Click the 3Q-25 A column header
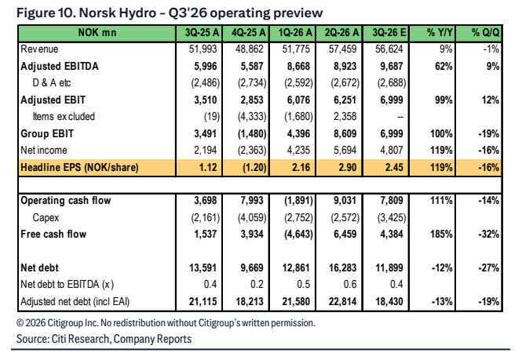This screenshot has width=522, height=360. [202, 33]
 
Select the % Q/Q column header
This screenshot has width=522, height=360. [485, 33]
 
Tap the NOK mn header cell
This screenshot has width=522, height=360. [97, 33]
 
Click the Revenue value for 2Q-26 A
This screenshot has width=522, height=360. [342, 49]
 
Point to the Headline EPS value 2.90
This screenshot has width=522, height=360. [348, 167]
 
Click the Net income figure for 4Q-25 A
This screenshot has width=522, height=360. [252, 150]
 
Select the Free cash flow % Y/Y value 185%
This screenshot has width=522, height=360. [441, 235]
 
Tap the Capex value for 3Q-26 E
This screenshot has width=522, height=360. [392, 217]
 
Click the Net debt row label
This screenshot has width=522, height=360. [39, 267]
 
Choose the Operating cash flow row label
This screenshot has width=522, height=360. [66, 201]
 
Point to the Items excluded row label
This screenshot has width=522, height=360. [64, 116]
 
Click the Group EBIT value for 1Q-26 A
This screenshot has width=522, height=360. [298, 134]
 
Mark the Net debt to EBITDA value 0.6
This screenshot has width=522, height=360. [349, 285]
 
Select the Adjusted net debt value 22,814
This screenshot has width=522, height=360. [342, 301]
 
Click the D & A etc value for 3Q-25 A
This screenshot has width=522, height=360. [206, 83]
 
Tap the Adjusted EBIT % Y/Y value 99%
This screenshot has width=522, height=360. [444, 100]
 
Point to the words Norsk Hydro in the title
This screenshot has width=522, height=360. [118, 13]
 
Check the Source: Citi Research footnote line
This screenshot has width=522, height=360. [104, 339]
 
